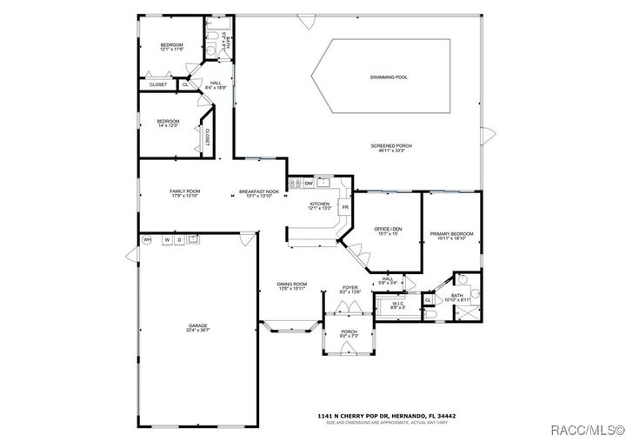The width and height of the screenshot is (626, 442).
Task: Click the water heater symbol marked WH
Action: coord(147,239)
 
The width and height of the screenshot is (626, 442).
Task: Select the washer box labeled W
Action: coord(166,239)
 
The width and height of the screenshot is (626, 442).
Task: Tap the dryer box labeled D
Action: coord(179,239)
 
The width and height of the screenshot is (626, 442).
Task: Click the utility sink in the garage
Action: coord(194,238)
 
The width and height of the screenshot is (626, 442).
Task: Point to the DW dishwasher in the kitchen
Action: coord(309,184)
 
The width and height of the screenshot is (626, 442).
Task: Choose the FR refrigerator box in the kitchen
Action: coord(345,207)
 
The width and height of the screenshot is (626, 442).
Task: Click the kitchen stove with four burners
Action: coord(294,184)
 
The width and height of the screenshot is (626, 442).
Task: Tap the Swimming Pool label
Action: coord(390,77)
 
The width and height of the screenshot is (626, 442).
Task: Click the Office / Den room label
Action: coord(388,230)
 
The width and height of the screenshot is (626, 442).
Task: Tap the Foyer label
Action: coord(350,288)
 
